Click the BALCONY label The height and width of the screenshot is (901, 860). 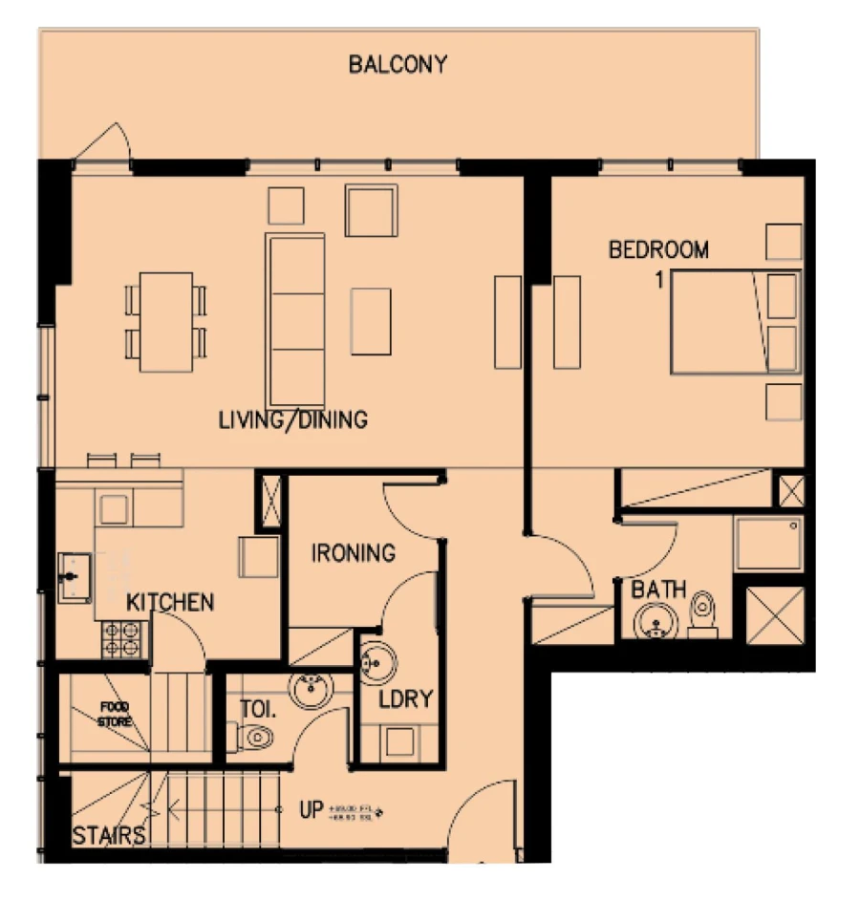tap(398, 65)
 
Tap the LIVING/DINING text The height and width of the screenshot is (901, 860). tap(292, 419)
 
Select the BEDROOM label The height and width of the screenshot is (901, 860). tap(658, 250)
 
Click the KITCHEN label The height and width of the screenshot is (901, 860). tap(170, 603)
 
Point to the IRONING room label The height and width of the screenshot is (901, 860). tap(354, 553)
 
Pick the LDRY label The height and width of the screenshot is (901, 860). tap(405, 699)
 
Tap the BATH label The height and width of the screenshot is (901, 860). tap(658, 590)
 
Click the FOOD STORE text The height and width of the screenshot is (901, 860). tap(114, 714)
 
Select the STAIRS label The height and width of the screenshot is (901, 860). tap(110, 836)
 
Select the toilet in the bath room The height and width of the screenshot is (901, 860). tap(703, 613)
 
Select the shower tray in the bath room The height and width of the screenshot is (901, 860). tap(768, 544)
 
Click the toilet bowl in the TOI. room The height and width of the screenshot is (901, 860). tap(254, 737)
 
